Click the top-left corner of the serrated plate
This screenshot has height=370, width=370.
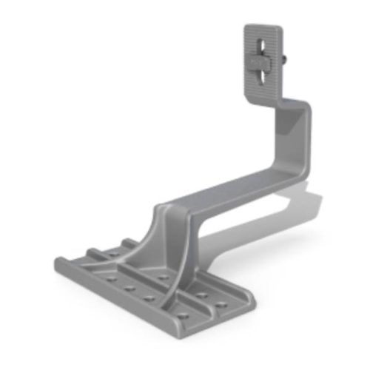point(246,28)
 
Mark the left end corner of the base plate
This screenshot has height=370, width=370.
point(57,263)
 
